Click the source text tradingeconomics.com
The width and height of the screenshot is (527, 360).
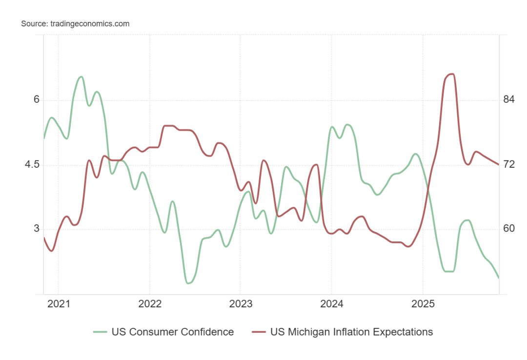point(75,23)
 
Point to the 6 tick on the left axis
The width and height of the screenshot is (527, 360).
point(37,100)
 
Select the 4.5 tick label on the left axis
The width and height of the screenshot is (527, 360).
point(33,164)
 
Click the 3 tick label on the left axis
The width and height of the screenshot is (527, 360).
point(37,229)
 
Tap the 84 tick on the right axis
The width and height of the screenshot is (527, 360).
point(509,100)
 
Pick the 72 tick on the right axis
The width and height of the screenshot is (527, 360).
point(509,164)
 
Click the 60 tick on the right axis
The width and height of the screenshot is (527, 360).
point(509,229)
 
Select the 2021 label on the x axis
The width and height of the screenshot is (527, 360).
point(58,304)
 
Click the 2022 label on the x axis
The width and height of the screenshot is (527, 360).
point(149,304)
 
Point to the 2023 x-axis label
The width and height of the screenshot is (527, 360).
point(240,304)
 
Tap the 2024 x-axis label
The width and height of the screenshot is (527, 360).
point(331,304)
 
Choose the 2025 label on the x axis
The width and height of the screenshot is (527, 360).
point(423,304)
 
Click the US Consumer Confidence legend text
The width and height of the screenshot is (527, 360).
point(173,332)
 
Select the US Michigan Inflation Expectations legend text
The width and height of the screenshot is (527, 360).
point(351,332)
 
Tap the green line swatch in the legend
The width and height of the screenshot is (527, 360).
point(100,332)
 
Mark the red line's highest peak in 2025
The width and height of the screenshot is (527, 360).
point(451,74)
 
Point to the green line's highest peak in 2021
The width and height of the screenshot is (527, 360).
point(81,77)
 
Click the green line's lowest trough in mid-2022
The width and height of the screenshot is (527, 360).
point(189,283)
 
